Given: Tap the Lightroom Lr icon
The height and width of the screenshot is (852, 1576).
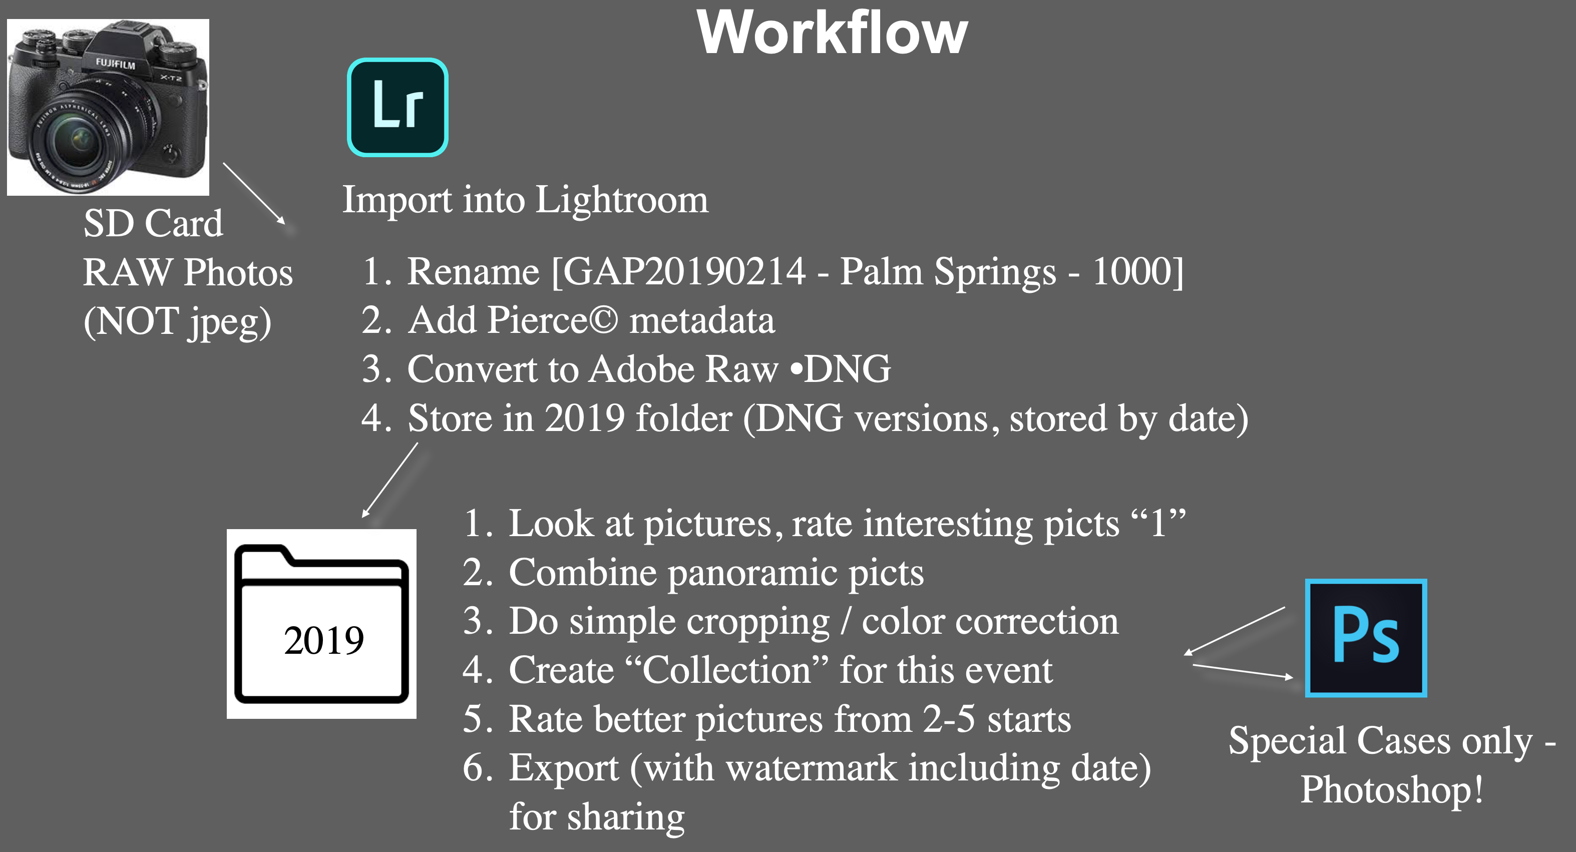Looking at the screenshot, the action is [x=398, y=108].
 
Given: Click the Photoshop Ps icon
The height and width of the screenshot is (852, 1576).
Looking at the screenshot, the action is [x=1366, y=637].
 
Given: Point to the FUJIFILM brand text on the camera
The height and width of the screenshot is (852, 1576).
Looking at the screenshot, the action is [x=115, y=63].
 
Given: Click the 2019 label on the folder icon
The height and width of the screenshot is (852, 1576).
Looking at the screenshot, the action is [x=323, y=640].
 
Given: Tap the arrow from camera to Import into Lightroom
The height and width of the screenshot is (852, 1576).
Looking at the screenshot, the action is [x=254, y=193].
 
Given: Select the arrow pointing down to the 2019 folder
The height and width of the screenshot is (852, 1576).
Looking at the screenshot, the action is [x=389, y=480].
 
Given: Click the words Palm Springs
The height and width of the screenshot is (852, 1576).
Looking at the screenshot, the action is [x=948, y=272].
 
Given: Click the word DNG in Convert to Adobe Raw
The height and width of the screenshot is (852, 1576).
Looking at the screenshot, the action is [x=848, y=369].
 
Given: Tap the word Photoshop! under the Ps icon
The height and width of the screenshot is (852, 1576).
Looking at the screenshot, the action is [x=1392, y=789].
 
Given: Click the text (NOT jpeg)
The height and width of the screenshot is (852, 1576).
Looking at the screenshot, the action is [x=177, y=322].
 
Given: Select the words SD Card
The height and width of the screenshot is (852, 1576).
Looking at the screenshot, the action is [x=153, y=223].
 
